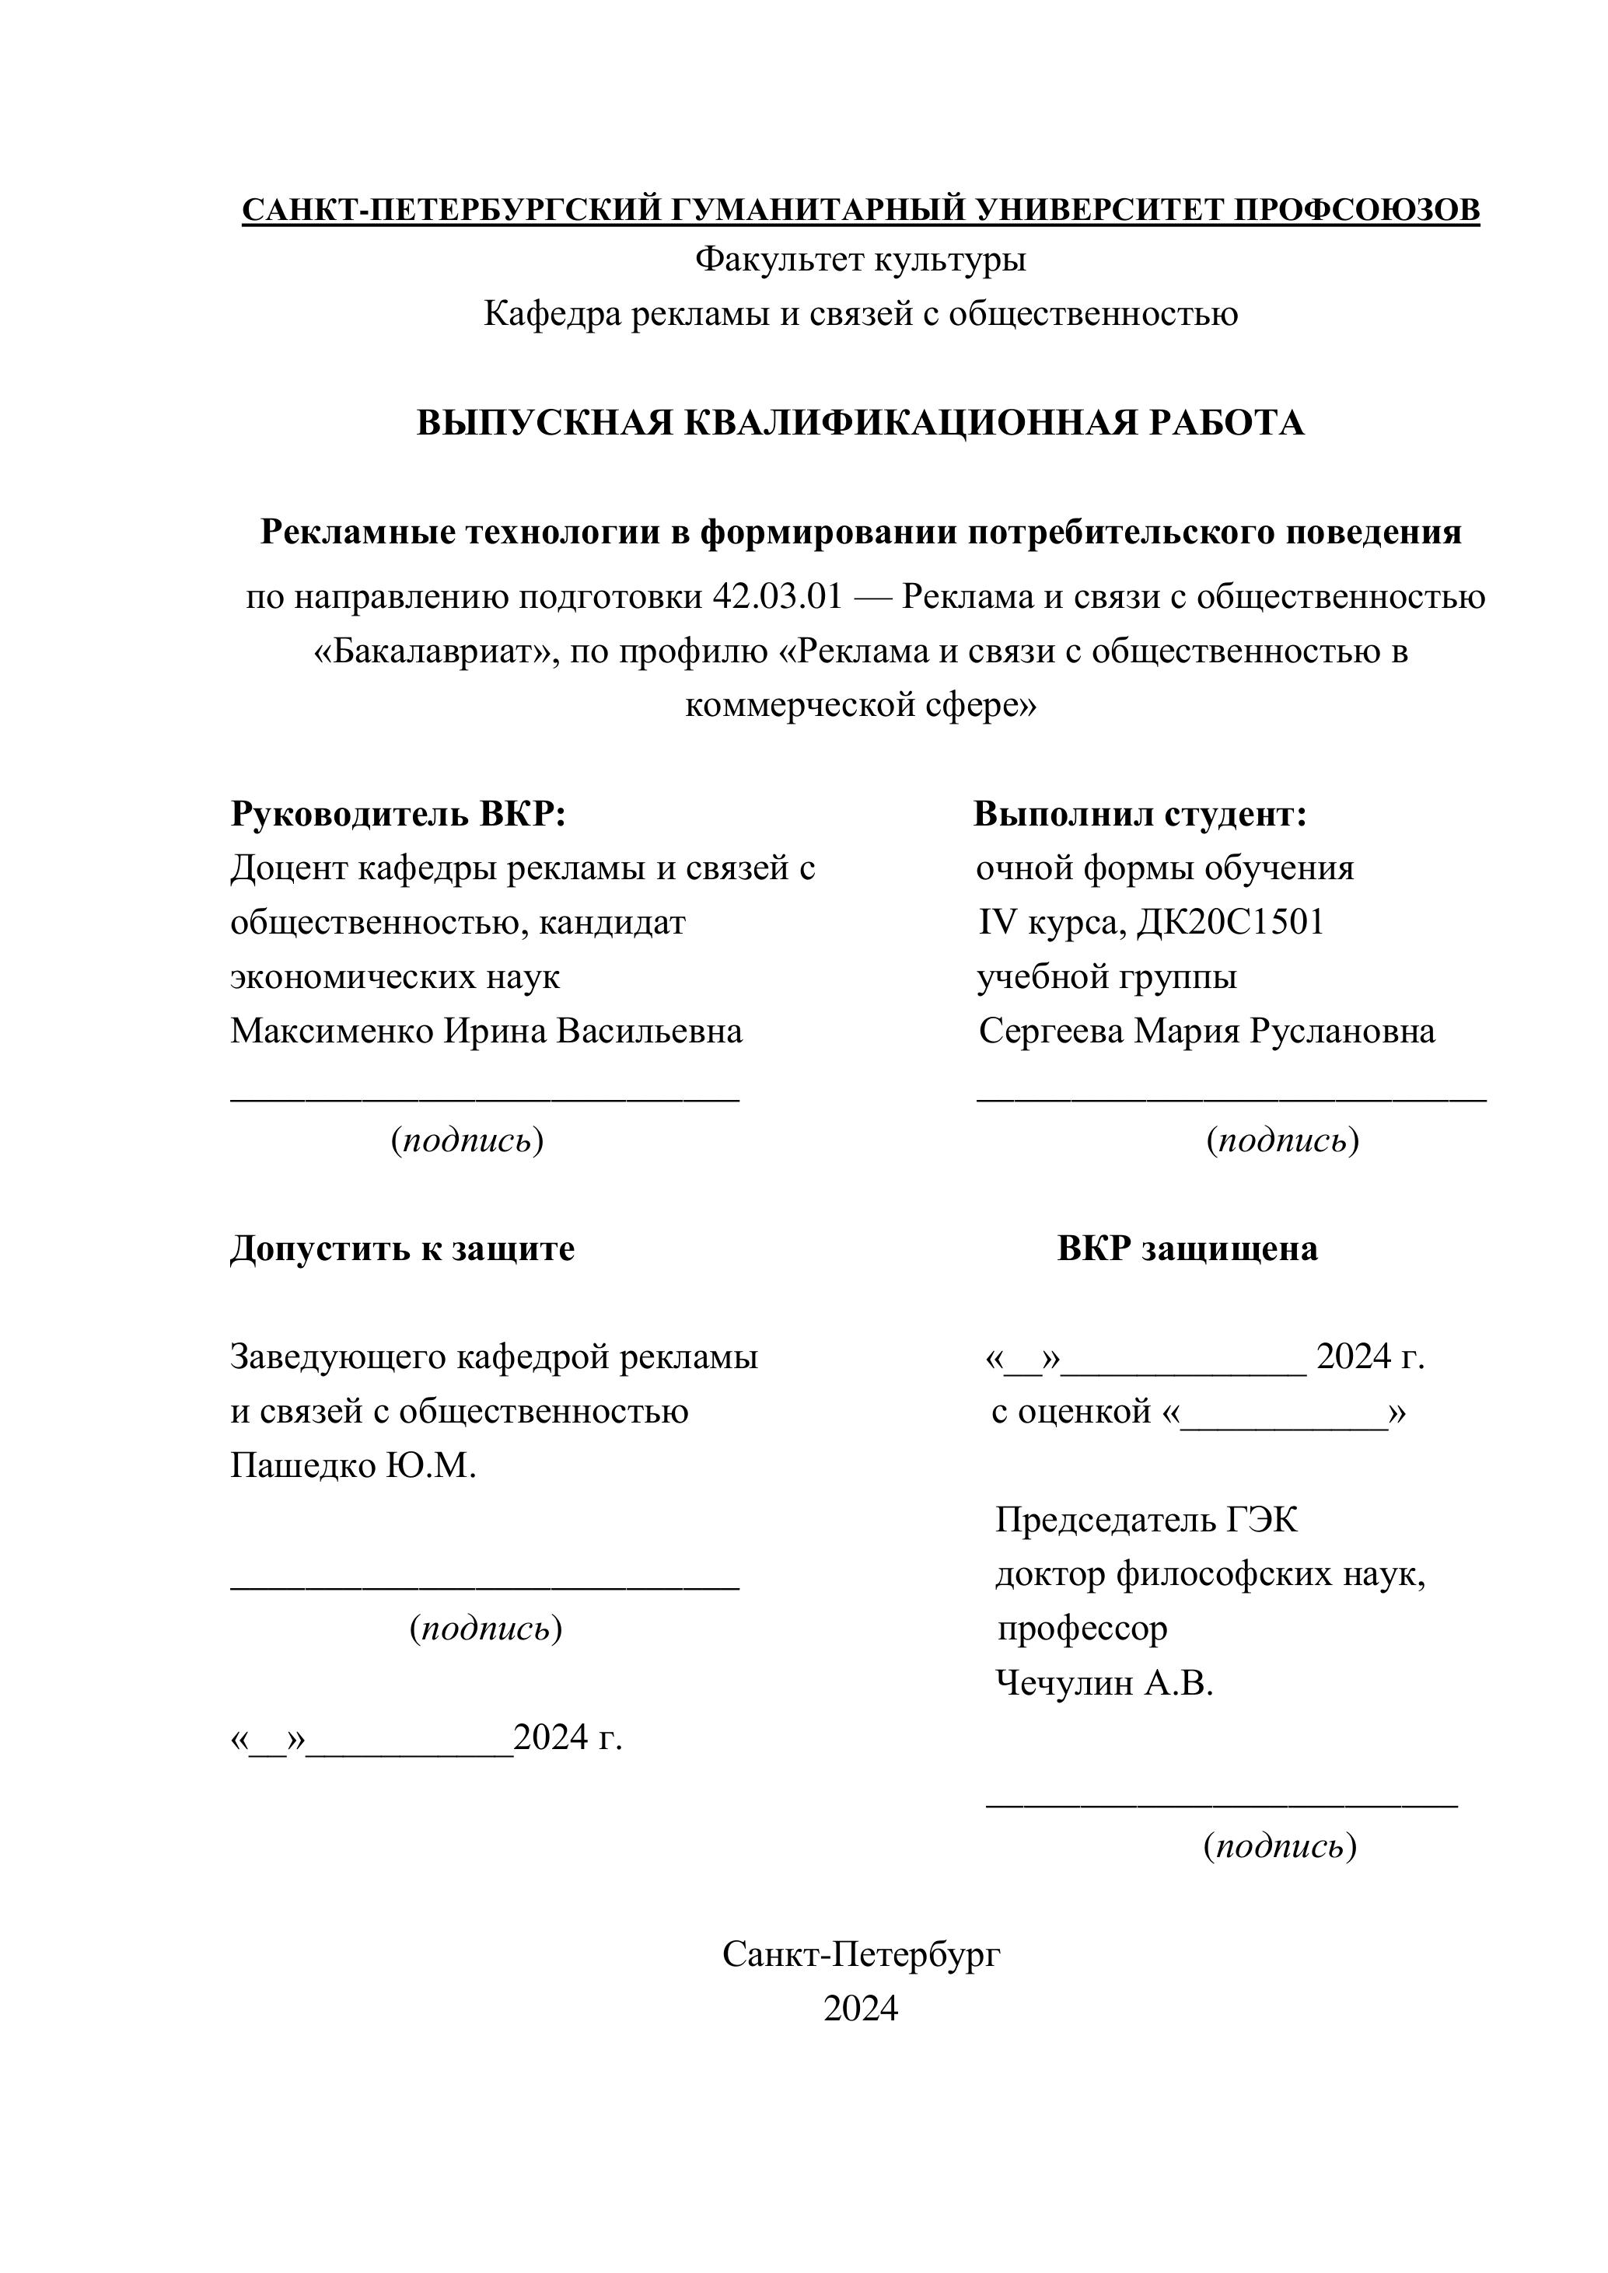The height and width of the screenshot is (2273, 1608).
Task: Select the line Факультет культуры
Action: [861, 260]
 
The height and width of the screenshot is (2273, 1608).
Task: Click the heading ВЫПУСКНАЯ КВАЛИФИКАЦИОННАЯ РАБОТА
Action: [861, 423]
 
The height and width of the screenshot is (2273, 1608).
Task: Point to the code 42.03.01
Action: [778, 597]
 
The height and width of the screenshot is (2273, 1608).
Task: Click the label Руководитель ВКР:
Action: [398, 814]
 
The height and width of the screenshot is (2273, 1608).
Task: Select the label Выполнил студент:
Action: [1141, 814]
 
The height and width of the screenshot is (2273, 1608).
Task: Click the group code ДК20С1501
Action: [1230, 923]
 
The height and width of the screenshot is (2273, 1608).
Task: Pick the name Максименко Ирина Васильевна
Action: [486, 1032]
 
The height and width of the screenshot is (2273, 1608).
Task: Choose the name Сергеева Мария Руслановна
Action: [1207, 1032]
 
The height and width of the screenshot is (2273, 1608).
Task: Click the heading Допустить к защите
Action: [402, 1248]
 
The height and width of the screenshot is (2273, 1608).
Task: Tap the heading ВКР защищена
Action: [1187, 1248]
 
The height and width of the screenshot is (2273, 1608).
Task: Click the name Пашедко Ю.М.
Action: [354, 1465]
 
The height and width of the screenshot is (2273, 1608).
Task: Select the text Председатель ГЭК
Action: [1145, 1520]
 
